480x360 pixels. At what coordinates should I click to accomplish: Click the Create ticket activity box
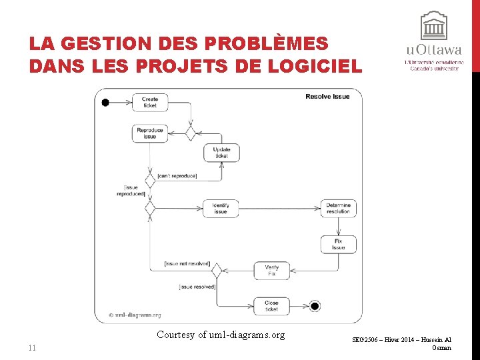point(150,102)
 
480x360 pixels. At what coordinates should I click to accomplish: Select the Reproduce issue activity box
point(149,133)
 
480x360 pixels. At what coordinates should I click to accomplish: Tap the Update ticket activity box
point(221,153)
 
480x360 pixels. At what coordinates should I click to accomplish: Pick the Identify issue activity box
point(221,208)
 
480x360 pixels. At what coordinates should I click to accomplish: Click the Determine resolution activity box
point(338,208)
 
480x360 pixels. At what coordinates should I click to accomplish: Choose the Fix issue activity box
point(338,244)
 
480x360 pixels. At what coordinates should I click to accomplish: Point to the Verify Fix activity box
point(271,271)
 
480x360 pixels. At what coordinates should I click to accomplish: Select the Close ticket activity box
point(271,306)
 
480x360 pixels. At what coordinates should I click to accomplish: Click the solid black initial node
point(105,102)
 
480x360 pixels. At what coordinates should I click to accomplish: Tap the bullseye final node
point(315,306)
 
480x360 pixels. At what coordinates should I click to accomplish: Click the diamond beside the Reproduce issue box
point(191,133)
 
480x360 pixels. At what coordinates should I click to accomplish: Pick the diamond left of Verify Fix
point(216,271)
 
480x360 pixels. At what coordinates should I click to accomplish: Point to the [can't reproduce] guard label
point(177,176)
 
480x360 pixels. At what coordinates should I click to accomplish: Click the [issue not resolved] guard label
point(187,264)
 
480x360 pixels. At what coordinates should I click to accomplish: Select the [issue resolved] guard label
point(197,287)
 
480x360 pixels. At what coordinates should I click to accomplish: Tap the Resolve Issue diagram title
point(327,97)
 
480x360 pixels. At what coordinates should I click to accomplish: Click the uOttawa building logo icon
point(433,27)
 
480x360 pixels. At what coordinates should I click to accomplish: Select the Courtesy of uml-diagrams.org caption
point(221,335)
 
